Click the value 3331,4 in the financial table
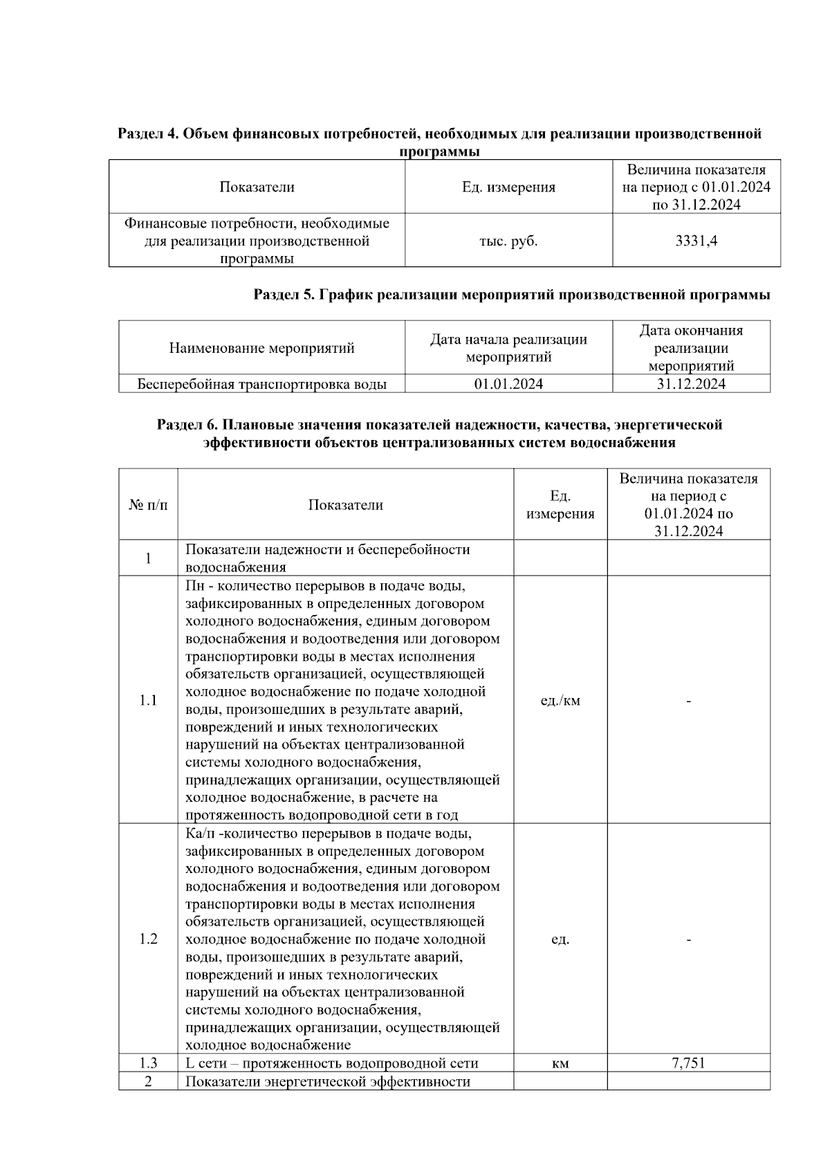tap(696, 241)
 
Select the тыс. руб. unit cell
tap(508, 241)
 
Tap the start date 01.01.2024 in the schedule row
tap(508, 384)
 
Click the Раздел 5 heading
tap(512, 295)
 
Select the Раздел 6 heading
tap(439, 433)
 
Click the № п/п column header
tap(148, 505)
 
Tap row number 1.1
tap(148, 700)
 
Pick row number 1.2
tap(148, 939)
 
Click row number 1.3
tap(148, 1063)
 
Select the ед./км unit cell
tap(560, 700)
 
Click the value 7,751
tap(688, 1063)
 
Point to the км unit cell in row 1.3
tap(560, 1063)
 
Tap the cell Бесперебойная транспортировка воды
tap(261, 384)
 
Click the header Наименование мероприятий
tap(261, 348)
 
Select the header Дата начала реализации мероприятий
tap(508, 348)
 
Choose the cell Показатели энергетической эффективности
tap(328, 1081)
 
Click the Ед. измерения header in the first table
tap(508, 187)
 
